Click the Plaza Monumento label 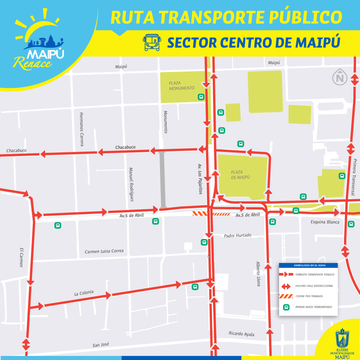tap(182, 85)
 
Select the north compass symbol tap(340, 78)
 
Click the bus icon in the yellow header tap(152, 42)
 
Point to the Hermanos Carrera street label tap(82, 129)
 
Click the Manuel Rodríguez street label tap(131, 184)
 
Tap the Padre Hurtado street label tap(238, 235)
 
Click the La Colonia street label tap(84, 293)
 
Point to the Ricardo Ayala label tap(241, 334)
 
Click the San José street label tap(101, 345)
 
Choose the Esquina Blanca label tap(325, 222)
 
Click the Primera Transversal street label tap(354, 177)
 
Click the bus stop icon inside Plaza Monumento tap(201, 97)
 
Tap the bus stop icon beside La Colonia tap(195, 286)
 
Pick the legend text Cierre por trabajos tap(309, 296)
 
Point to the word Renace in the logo tap(33, 62)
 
